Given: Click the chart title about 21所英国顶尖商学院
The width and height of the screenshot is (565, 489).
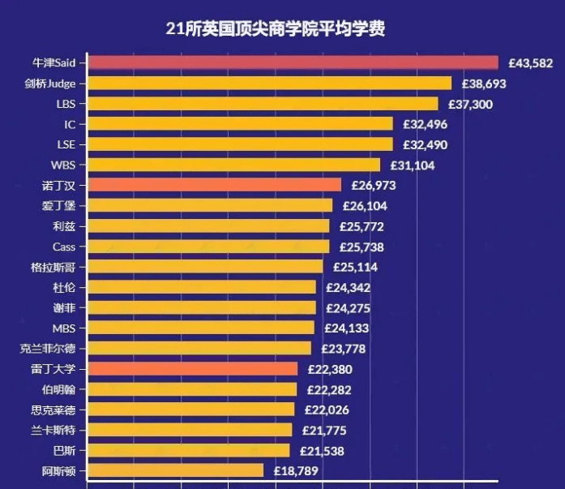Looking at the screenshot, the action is click(x=276, y=28).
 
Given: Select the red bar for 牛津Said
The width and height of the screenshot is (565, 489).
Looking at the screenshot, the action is click(x=293, y=62).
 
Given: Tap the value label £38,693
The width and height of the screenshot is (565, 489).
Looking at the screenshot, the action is click(x=484, y=84).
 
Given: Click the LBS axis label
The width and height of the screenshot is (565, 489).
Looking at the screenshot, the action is click(x=66, y=104).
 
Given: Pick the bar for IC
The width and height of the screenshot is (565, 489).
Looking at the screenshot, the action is click(x=241, y=123).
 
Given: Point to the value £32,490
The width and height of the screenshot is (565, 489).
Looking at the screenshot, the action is click(x=426, y=145).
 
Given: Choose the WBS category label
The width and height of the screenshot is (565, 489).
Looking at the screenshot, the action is click(x=63, y=165).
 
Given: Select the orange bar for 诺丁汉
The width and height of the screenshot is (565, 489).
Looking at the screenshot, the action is click(x=215, y=185).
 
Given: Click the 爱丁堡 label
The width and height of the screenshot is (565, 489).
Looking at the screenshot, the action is click(x=58, y=206).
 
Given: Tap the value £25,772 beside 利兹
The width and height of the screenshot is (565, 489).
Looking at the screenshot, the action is click(x=362, y=227).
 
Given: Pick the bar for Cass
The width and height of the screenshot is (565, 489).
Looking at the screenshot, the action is click(x=209, y=247).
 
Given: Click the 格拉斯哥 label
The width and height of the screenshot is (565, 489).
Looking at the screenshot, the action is click(x=53, y=268).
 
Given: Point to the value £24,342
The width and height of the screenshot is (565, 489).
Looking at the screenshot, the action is click(x=348, y=288).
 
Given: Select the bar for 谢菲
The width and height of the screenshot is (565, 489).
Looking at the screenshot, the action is click(x=202, y=307).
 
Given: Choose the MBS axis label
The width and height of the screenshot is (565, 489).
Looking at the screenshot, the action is click(x=64, y=328).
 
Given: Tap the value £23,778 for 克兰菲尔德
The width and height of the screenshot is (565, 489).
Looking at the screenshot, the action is click(x=344, y=349).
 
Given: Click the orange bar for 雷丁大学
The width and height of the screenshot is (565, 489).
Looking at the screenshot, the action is click(x=193, y=369).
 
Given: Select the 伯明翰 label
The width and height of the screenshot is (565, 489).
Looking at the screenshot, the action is click(x=58, y=390).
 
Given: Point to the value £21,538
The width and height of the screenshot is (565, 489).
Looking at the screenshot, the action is click(x=322, y=451).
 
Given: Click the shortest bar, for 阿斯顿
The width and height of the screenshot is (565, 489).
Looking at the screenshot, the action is click(x=176, y=470).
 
